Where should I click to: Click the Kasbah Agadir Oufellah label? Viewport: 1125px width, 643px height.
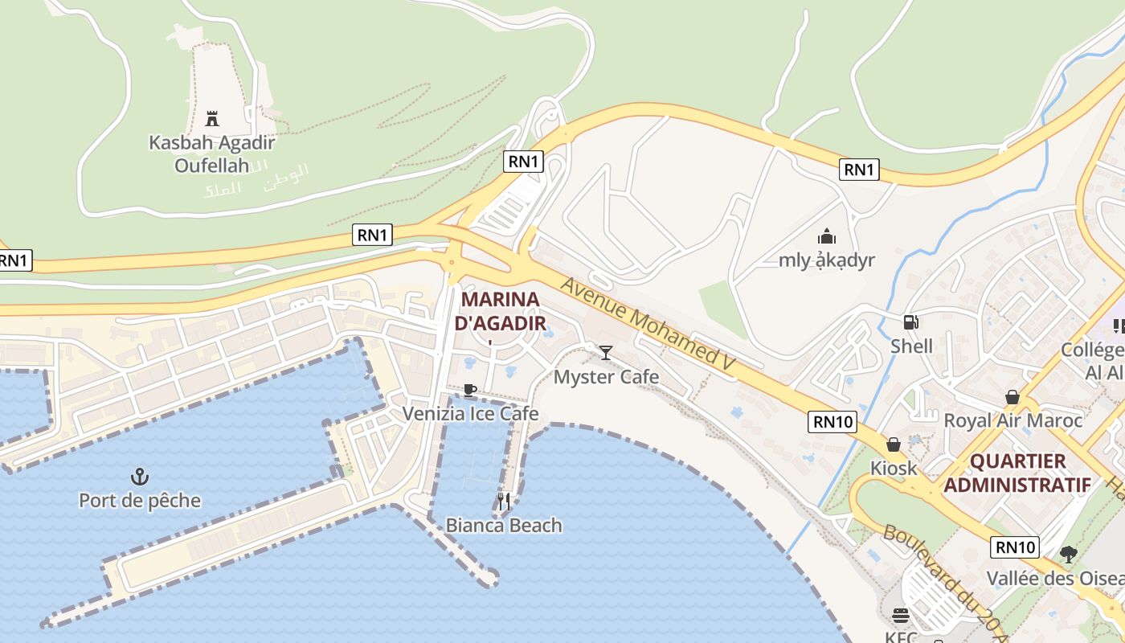coord(212,154)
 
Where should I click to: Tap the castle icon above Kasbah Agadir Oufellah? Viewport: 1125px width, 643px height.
coord(212,119)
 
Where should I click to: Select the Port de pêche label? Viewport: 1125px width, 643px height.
coord(140,500)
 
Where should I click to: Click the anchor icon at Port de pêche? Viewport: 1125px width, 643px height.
coord(140,477)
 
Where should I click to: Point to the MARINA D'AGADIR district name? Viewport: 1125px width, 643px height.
coord(500,311)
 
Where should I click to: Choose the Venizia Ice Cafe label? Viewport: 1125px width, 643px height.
coord(470,413)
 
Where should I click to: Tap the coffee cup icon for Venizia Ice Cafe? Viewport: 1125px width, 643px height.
coord(470,391)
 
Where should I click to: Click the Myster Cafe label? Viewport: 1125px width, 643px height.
coord(607,376)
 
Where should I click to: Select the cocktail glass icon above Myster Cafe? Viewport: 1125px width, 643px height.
coord(606,352)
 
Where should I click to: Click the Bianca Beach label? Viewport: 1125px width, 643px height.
coord(504,525)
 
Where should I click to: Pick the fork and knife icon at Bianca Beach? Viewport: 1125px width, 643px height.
coord(504,502)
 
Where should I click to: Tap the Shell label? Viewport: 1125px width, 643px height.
coord(911,346)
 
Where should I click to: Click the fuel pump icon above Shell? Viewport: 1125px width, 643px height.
coord(911,322)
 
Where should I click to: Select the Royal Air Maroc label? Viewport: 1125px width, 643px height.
coord(1012,420)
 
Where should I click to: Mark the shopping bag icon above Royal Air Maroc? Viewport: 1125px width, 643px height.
coord(1012,397)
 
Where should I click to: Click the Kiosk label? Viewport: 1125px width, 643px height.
coord(894,467)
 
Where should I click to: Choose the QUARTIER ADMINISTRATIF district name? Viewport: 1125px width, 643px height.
coord(1017,473)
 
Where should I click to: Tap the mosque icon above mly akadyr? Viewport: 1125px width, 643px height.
coord(827,237)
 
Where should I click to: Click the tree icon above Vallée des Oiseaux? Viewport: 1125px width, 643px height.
coord(1069,554)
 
